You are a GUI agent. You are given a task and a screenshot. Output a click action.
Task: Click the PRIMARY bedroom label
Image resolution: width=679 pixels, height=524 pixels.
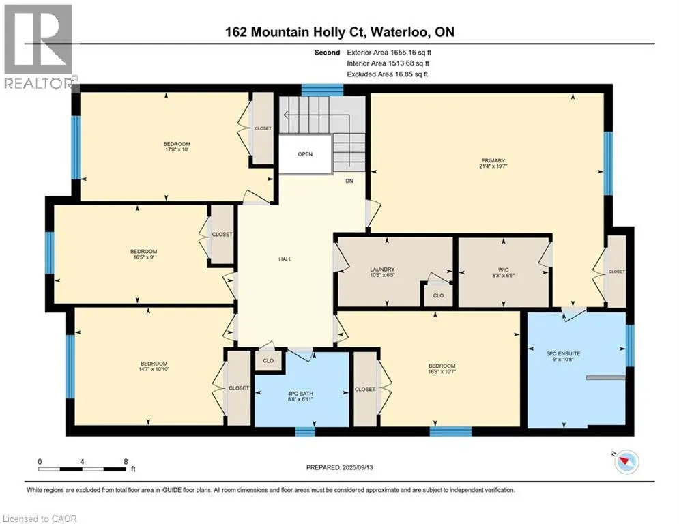click(493, 160)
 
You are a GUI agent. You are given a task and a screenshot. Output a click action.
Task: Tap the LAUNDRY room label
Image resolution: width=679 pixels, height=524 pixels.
click(382, 269)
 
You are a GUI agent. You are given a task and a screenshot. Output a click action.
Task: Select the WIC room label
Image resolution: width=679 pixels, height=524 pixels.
click(503, 270)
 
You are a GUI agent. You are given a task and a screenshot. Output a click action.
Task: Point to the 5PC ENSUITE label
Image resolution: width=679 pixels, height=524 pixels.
click(563, 353)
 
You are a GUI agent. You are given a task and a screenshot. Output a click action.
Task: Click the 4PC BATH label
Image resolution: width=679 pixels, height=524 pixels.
click(300, 394)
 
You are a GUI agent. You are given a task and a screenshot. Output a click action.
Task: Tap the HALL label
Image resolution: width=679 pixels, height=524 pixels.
click(285, 259)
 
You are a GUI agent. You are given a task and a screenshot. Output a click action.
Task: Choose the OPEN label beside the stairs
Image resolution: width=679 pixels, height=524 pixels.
click(305, 154)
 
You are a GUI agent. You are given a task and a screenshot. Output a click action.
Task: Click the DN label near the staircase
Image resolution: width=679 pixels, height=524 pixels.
click(349, 181)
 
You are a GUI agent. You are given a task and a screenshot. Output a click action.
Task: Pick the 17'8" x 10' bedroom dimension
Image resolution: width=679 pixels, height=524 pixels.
click(177, 149)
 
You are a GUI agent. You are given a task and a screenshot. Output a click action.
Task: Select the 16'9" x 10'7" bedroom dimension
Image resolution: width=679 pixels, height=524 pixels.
click(442, 372)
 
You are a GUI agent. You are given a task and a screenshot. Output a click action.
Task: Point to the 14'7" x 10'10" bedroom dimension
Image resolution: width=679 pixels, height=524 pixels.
click(154, 369)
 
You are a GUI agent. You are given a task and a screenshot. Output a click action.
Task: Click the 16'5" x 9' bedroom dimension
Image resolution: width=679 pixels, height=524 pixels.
click(144, 257)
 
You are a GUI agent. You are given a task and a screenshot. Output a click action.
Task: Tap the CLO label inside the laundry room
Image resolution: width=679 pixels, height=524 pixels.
click(438, 296)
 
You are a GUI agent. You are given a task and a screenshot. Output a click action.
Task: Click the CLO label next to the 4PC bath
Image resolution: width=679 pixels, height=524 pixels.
click(268, 361)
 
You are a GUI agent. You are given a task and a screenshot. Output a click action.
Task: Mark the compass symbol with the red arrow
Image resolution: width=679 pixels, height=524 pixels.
click(626, 462)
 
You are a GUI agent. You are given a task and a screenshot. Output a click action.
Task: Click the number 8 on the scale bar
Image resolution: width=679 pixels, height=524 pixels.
click(126, 462)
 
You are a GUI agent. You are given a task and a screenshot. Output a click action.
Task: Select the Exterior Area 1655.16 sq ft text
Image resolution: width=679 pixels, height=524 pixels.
click(389, 53)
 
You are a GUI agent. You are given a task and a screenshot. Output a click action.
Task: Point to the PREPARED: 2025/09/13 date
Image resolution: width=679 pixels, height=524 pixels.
click(340, 467)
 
